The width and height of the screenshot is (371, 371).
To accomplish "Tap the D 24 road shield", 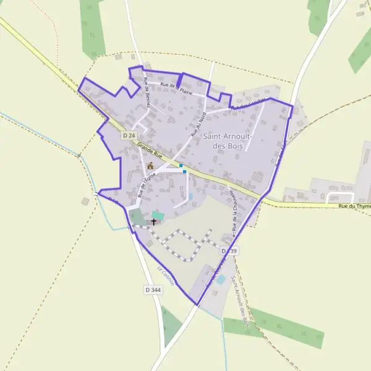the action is (129, 135).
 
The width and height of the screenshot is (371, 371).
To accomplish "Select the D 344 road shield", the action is (153, 289).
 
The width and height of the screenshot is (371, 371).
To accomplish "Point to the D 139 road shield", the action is (228, 250).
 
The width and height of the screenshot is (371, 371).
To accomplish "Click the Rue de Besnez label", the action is (148, 93).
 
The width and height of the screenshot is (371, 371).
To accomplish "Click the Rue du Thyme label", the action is (355, 207).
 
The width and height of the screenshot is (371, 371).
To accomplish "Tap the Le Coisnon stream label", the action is (166, 276).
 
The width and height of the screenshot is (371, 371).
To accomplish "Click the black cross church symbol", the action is (153, 221).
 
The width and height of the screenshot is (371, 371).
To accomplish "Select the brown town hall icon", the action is (150, 165).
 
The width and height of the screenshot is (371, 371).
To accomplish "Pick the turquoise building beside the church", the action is (158, 215).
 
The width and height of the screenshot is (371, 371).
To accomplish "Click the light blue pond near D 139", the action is (221, 279).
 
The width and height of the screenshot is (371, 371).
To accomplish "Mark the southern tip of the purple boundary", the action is (197, 305).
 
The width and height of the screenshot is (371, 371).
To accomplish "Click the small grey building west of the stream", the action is (85, 201).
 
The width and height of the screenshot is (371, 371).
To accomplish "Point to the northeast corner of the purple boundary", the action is (292, 108).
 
